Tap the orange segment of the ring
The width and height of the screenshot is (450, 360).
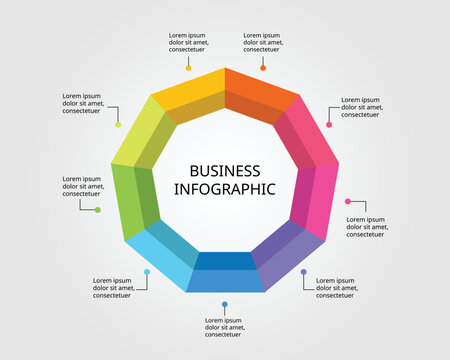[x=261, y=94]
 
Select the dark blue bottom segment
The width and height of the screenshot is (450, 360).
[x=224, y=274]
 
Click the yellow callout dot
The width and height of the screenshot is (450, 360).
[x=188, y=68]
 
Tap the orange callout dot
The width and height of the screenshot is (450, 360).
[x=263, y=68]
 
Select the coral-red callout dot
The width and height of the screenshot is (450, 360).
[x=328, y=125]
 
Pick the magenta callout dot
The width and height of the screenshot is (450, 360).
[x=347, y=201]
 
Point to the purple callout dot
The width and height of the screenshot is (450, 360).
[x=304, y=272]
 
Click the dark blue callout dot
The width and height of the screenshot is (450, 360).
[x=225, y=304]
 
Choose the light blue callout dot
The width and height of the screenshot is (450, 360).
[x=147, y=272]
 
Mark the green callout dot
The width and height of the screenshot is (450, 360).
[x=97, y=210]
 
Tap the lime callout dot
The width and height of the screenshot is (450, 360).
[x=118, y=125]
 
